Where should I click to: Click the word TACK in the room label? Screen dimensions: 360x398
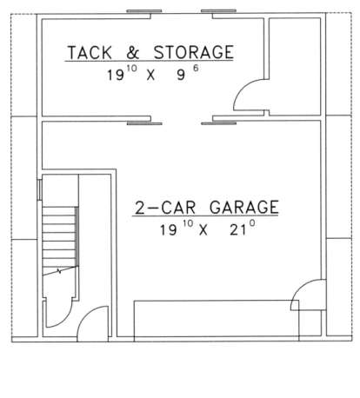pos(90,53)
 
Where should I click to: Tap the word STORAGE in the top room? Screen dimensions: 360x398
pos(193,52)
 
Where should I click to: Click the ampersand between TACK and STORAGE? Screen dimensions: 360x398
pos(133,53)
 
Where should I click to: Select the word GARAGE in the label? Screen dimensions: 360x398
pos(243,208)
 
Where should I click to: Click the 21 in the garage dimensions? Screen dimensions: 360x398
pos(237,230)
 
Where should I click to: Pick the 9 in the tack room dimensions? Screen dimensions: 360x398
pos(181,76)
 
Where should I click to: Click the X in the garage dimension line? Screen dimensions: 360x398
pos(203,230)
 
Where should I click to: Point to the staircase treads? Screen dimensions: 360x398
pos(60,236)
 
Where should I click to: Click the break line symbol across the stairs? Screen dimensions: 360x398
pos(60,271)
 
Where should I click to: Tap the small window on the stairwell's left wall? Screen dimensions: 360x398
pos(40,189)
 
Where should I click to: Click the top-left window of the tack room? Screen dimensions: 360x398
pos(144,11)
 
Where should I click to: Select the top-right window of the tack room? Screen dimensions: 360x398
pos(218,11)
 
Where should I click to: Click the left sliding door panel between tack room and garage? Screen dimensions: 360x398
pos(144,123)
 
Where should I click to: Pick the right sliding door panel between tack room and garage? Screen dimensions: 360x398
pos(218,123)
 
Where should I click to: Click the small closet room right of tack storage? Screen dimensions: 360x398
pos(295,67)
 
